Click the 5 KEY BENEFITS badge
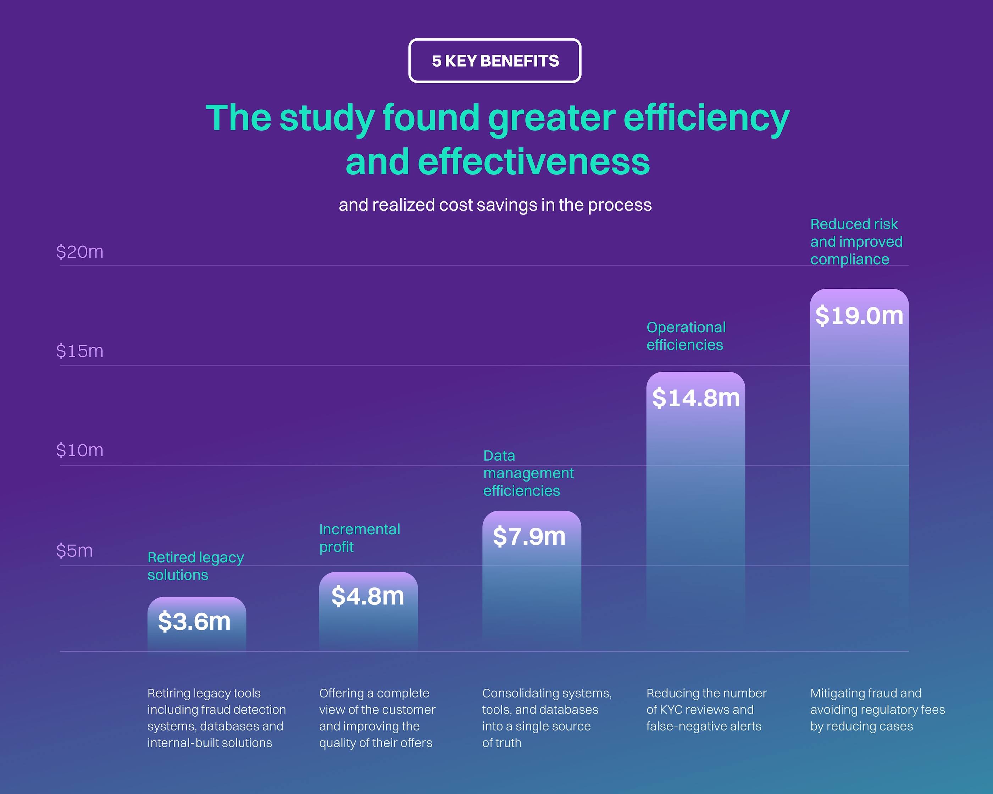(x=495, y=61)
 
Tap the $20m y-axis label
(x=80, y=252)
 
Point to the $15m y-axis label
(x=80, y=351)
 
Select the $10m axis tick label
(x=80, y=450)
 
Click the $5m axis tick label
(x=74, y=551)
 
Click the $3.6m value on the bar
(x=194, y=621)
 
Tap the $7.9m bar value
(x=529, y=537)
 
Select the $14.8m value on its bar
(x=695, y=398)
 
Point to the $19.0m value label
(x=859, y=316)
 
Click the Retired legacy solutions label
(x=195, y=566)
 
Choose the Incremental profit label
(x=359, y=538)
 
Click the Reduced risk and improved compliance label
(x=856, y=242)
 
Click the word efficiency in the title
(x=706, y=119)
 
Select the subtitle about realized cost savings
(x=495, y=205)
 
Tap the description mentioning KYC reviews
(x=706, y=709)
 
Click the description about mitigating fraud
(x=877, y=709)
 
